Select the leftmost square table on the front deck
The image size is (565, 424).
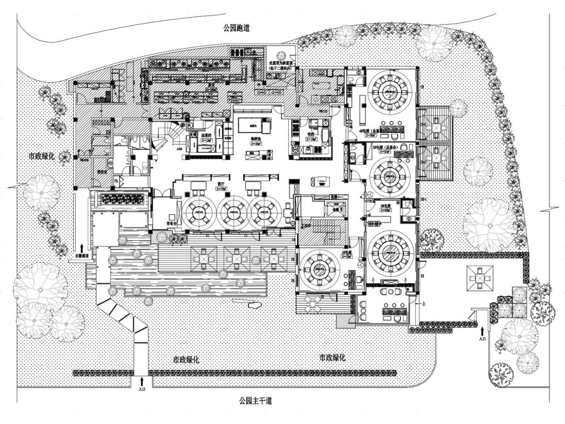click(202, 257)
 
